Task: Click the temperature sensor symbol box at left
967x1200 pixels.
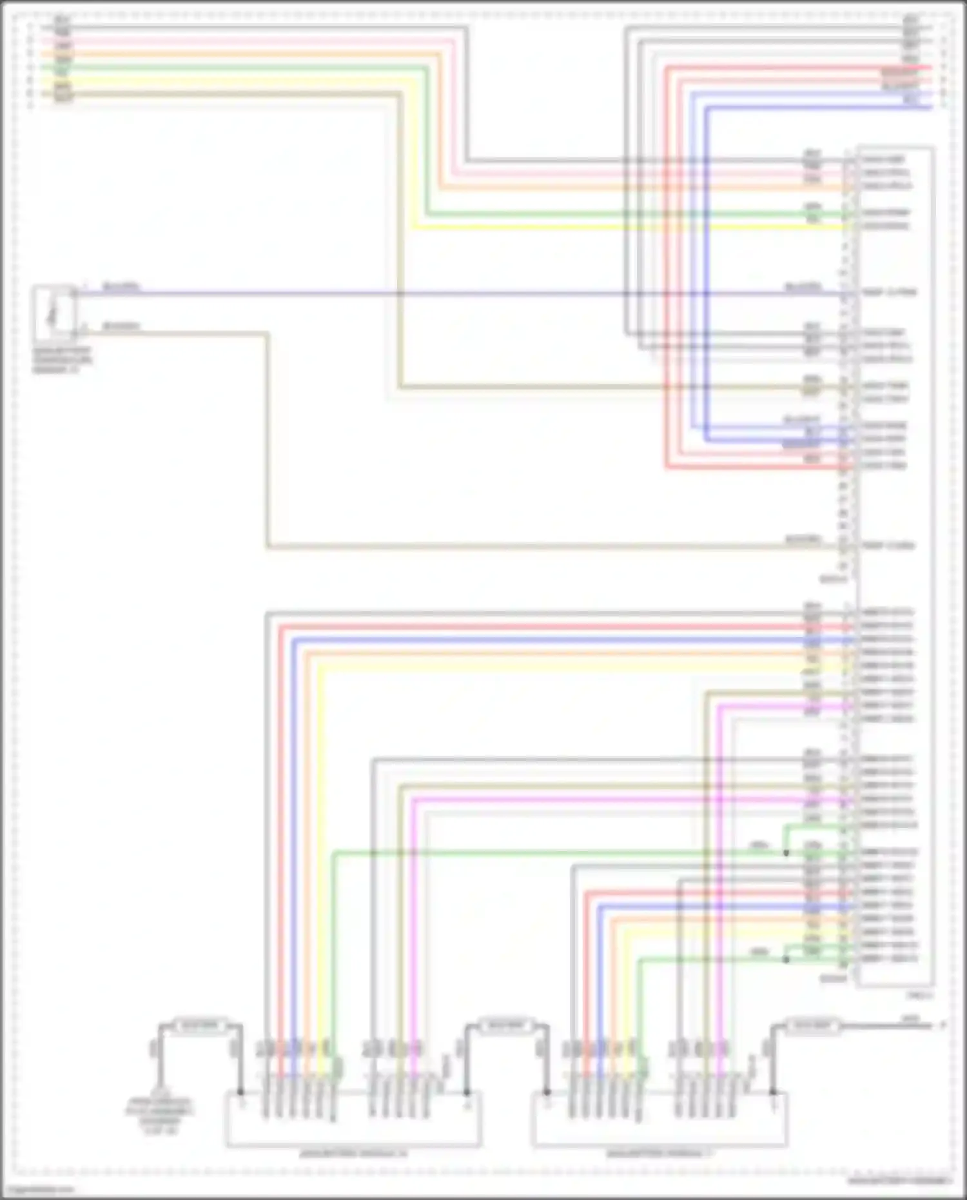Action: coord(54,313)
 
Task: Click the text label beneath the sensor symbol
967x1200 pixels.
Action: coord(62,361)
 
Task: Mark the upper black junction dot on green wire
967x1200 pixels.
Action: coord(786,853)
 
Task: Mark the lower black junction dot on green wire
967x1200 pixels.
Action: coord(786,959)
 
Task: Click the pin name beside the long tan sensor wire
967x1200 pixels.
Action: coord(888,546)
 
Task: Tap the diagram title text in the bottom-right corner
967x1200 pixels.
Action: coord(899,1181)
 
